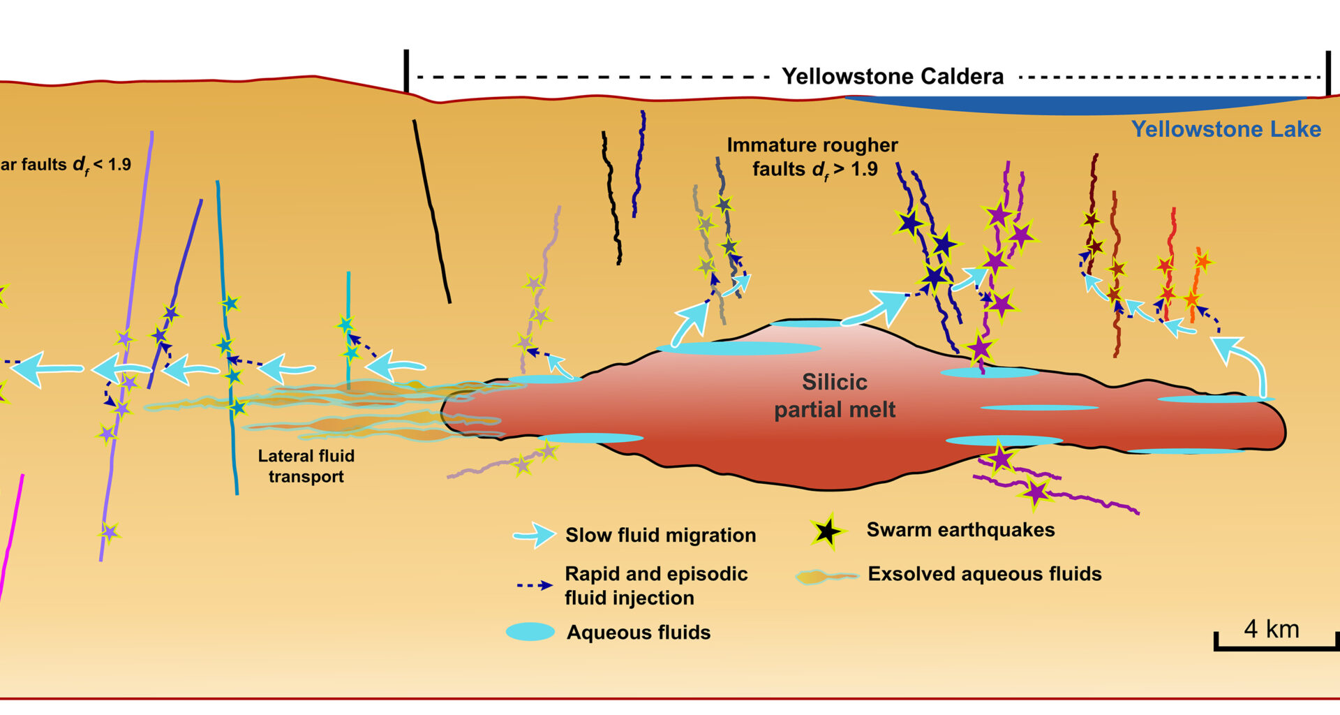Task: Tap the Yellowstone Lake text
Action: (1226, 129)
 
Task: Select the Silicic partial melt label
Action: (835, 396)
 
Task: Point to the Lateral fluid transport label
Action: (306, 466)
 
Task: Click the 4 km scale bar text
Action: (1272, 629)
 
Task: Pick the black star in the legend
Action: (827, 531)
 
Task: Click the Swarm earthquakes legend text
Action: (960, 530)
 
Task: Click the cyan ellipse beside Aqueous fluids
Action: (530, 632)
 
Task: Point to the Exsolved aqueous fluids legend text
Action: (984, 574)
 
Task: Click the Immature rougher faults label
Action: (812, 156)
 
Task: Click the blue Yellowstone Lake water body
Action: (1075, 105)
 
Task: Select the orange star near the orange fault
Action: (1202, 262)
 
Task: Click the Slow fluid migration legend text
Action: (660, 536)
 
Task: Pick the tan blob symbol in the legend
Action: (826, 577)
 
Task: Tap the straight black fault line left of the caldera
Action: (431, 209)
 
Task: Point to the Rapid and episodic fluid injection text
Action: (656, 586)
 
